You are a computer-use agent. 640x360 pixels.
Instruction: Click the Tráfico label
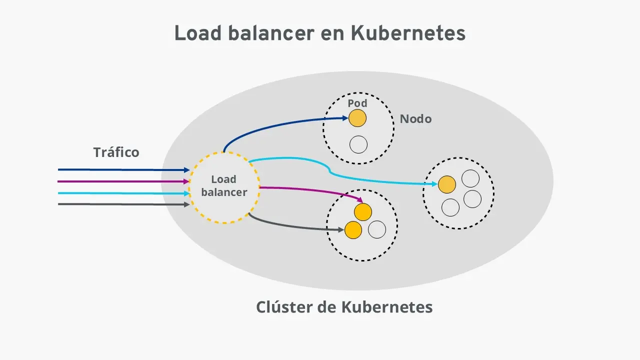[116, 152]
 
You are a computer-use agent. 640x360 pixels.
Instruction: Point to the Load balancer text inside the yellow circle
[224, 186]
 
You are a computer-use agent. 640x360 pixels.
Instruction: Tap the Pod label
[357, 103]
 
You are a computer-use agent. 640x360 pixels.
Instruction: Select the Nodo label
[415, 119]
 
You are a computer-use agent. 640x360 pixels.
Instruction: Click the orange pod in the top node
[357, 118]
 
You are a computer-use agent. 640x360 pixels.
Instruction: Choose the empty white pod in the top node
[358, 144]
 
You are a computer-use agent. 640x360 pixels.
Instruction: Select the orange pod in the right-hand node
[446, 184]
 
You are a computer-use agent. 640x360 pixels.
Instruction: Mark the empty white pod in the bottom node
[377, 230]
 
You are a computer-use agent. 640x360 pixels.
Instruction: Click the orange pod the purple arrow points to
[363, 212]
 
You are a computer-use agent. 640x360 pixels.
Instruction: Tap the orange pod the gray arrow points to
[353, 229]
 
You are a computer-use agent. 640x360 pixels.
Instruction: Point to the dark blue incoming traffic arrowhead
[186, 170]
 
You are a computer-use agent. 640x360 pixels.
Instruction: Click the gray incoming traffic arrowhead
[186, 204]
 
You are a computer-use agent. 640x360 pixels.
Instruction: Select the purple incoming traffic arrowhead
[186, 181]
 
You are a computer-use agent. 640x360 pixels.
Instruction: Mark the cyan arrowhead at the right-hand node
[435, 184]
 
